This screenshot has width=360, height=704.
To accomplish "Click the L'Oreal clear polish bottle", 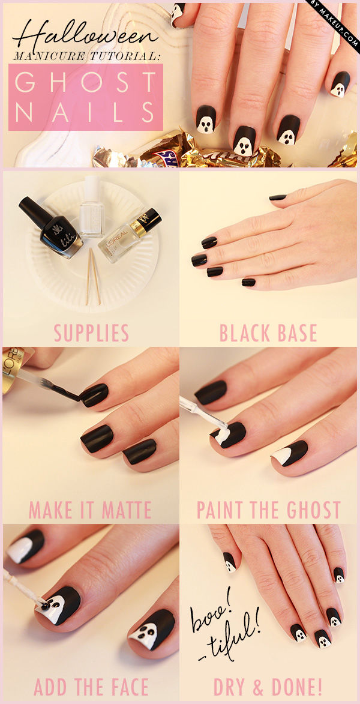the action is click(x=129, y=235).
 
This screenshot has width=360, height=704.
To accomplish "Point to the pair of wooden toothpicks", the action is click(x=94, y=275).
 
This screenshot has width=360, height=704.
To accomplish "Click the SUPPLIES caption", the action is click(x=91, y=332).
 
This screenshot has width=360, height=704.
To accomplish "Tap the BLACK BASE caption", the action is click(x=268, y=332).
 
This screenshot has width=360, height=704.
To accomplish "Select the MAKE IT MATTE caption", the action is click(x=90, y=510).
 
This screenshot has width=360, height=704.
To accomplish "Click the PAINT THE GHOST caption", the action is click(x=268, y=510).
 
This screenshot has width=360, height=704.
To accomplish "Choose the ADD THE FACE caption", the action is click(x=91, y=687).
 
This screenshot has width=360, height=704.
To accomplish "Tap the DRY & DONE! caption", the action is click(x=268, y=687).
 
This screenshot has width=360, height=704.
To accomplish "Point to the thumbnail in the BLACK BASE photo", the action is click(x=278, y=197).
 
